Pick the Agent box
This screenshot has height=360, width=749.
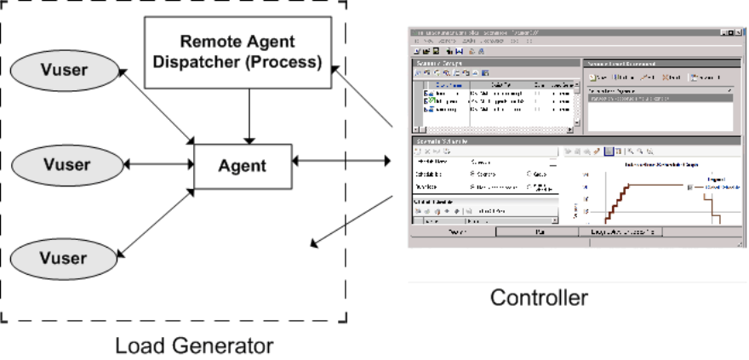[243, 166]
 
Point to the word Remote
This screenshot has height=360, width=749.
[209, 40]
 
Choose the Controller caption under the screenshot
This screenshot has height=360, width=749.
[539, 298]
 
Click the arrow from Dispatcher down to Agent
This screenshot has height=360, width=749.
[248, 116]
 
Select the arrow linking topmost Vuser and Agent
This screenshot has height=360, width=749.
[157, 106]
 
